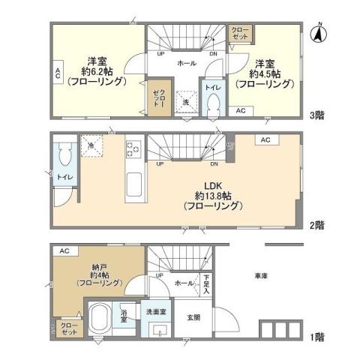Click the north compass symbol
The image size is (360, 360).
tap(317, 34)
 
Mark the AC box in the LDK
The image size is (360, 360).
tap(266, 140)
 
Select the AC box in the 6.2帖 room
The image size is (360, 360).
tap(57, 72)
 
